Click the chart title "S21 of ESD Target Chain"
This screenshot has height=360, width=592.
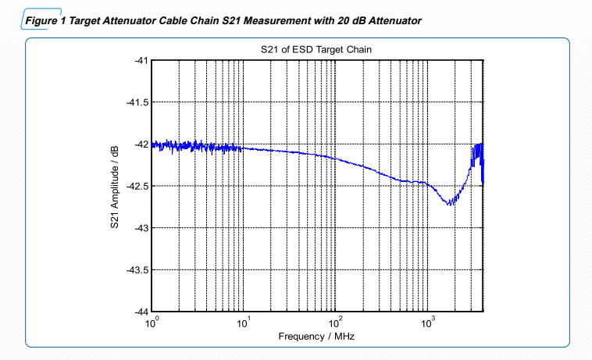[x=316, y=49]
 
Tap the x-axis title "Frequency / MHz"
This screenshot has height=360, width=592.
[x=316, y=337]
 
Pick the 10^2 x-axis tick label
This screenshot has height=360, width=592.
[x=336, y=322]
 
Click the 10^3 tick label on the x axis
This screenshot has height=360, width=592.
[x=428, y=322]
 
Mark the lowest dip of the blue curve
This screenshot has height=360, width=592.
[x=450, y=205]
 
